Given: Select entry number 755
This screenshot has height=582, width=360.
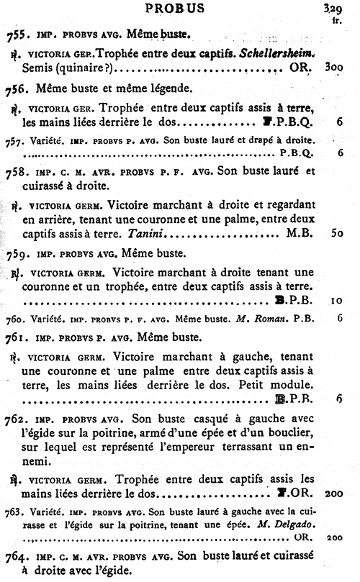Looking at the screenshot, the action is click(x=16, y=33).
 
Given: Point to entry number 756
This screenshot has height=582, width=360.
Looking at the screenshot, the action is click(x=16, y=91).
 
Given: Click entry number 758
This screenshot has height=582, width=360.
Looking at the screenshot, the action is click(x=16, y=173).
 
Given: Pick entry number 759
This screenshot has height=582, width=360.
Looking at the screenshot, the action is click(x=16, y=253).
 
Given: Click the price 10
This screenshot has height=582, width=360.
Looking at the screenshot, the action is click(x=336, y=299).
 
